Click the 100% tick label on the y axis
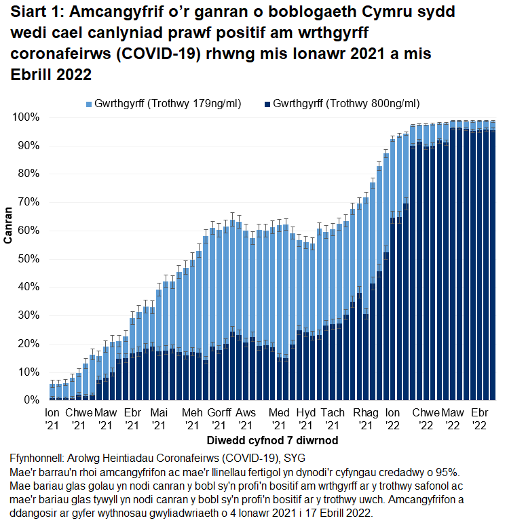click(x=26, y=117)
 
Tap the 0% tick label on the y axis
click(x=32, y=400)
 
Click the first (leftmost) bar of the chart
click(x=52, y=392)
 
